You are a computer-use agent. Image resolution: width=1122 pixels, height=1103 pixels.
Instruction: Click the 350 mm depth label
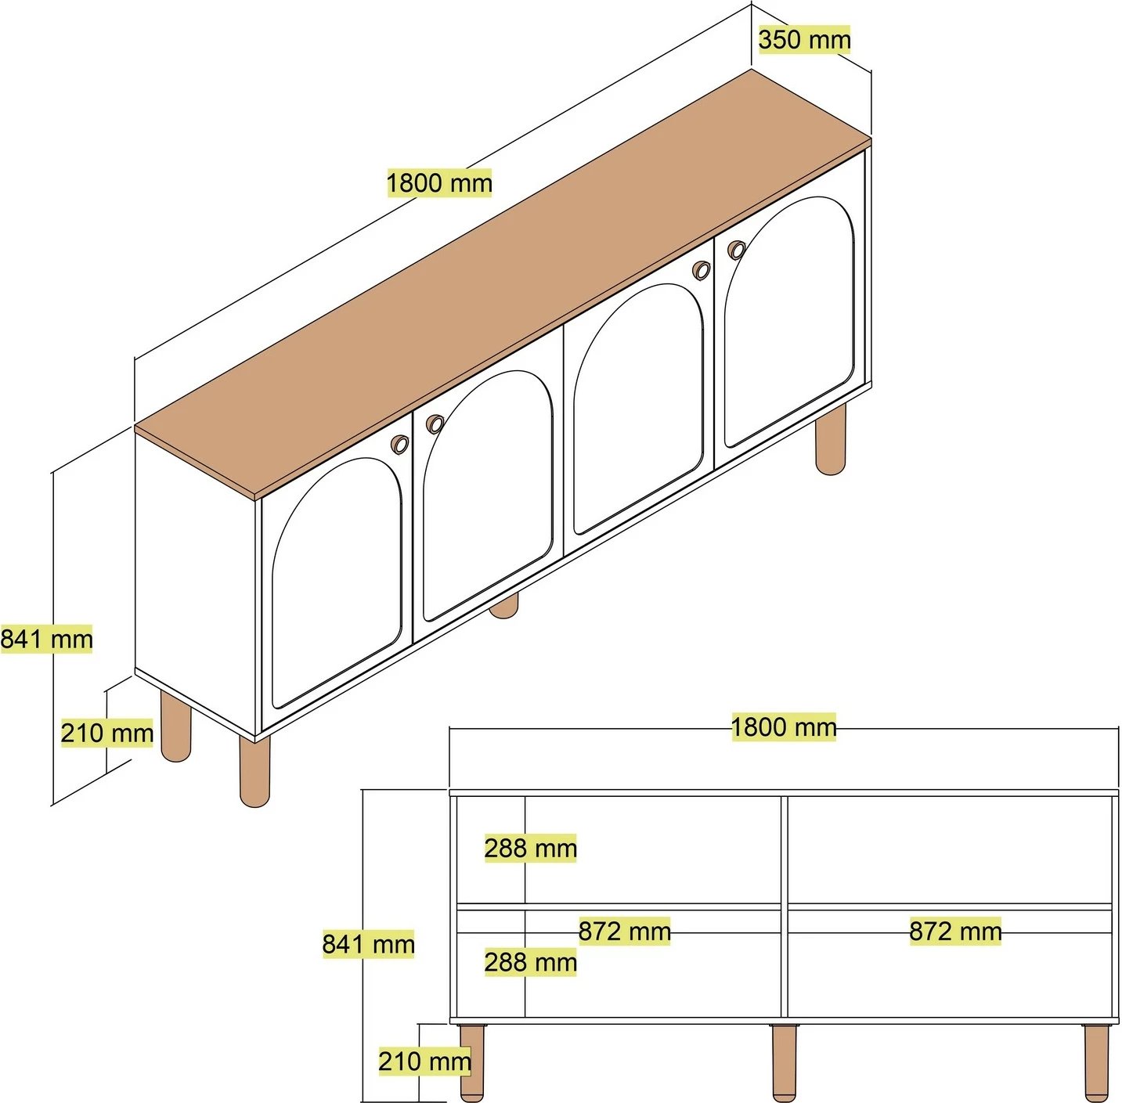[x=805, y=40]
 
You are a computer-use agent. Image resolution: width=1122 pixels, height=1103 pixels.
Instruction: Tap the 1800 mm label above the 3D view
[x=439, y=183]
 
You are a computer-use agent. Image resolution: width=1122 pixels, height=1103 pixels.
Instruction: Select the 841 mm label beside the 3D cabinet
[x=46, y=640]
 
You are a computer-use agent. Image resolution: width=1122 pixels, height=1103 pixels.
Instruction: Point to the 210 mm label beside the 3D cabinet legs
[x=107, y=734]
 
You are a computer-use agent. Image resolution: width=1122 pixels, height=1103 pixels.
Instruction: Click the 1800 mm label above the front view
[x=784, y=727]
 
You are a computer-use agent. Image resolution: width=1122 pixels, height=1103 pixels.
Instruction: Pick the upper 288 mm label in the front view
[x=530, y=849]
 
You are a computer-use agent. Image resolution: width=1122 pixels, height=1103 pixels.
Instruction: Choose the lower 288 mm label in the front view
[x=530, y=962]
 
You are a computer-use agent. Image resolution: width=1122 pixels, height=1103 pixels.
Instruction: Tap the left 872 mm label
[x=624, y=932]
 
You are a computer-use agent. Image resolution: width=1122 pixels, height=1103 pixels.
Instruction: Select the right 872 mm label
[x=955, y=932]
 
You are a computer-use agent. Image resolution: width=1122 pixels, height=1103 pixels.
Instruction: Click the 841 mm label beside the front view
[x=369, y=944]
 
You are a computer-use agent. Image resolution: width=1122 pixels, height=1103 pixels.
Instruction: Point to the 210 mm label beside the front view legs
[x=424, y=1061]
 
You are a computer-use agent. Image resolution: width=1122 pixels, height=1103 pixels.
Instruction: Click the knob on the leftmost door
[x=399, y=444]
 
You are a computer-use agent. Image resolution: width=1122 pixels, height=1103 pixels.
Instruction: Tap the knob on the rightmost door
[x=737, y=250]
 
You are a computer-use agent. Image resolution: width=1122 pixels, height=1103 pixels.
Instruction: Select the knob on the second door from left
[x=435, y=424]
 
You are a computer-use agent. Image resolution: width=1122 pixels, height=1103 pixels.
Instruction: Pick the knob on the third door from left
[x=702, y=269]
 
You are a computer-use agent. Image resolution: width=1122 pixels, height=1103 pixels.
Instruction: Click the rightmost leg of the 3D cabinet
[x=830, y=441]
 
